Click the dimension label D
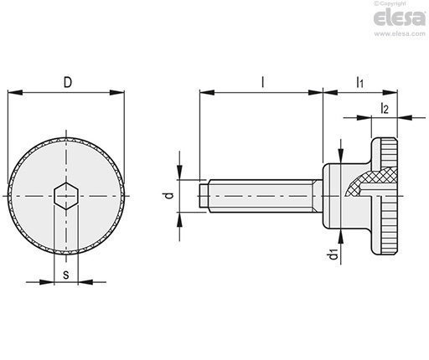(68, 83)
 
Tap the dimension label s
(65, 275)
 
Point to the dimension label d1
(334, 255)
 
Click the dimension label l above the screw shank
(262, 82)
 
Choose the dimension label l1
(359, 83)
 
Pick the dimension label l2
(385, 108)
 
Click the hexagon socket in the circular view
(66, 196)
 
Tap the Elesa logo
(400, 18)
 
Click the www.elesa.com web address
(400, 33)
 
